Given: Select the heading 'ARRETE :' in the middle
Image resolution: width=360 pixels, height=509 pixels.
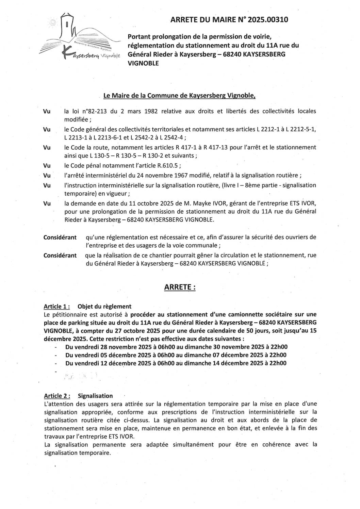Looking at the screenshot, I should pos(180,287).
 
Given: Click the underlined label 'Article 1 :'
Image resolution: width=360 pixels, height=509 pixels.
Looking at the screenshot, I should pos(57,306).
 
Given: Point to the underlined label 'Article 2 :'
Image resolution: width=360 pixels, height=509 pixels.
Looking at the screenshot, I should pos(57,396).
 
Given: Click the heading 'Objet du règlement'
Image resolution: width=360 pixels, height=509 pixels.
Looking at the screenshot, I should pos(104,306).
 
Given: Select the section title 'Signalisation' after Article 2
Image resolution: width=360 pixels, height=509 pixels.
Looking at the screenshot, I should pos(95,396).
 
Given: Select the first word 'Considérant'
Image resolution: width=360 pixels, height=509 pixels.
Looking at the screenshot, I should pos(60,237).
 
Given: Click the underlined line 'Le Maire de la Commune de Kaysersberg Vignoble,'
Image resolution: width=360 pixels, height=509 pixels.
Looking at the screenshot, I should pos(179,96).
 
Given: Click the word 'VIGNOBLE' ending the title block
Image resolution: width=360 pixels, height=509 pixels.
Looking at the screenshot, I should pos(143,63).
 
